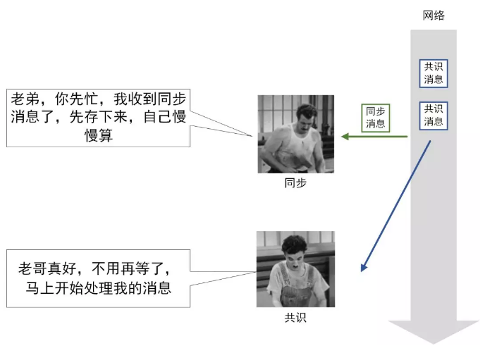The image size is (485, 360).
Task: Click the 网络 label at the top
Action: (x=434, y=15)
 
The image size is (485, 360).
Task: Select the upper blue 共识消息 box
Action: (x=434, y=73)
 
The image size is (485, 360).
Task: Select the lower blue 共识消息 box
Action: (x=434, y=116)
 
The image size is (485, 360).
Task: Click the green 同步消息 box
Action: (x=375, y=117)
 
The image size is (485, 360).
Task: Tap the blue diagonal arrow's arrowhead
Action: (x=364, y=267)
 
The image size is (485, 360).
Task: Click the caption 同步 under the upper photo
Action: (x=295, y=182)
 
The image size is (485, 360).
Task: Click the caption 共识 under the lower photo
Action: (x=295, y=318)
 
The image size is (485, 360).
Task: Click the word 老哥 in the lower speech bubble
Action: (x=33, y=268)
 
